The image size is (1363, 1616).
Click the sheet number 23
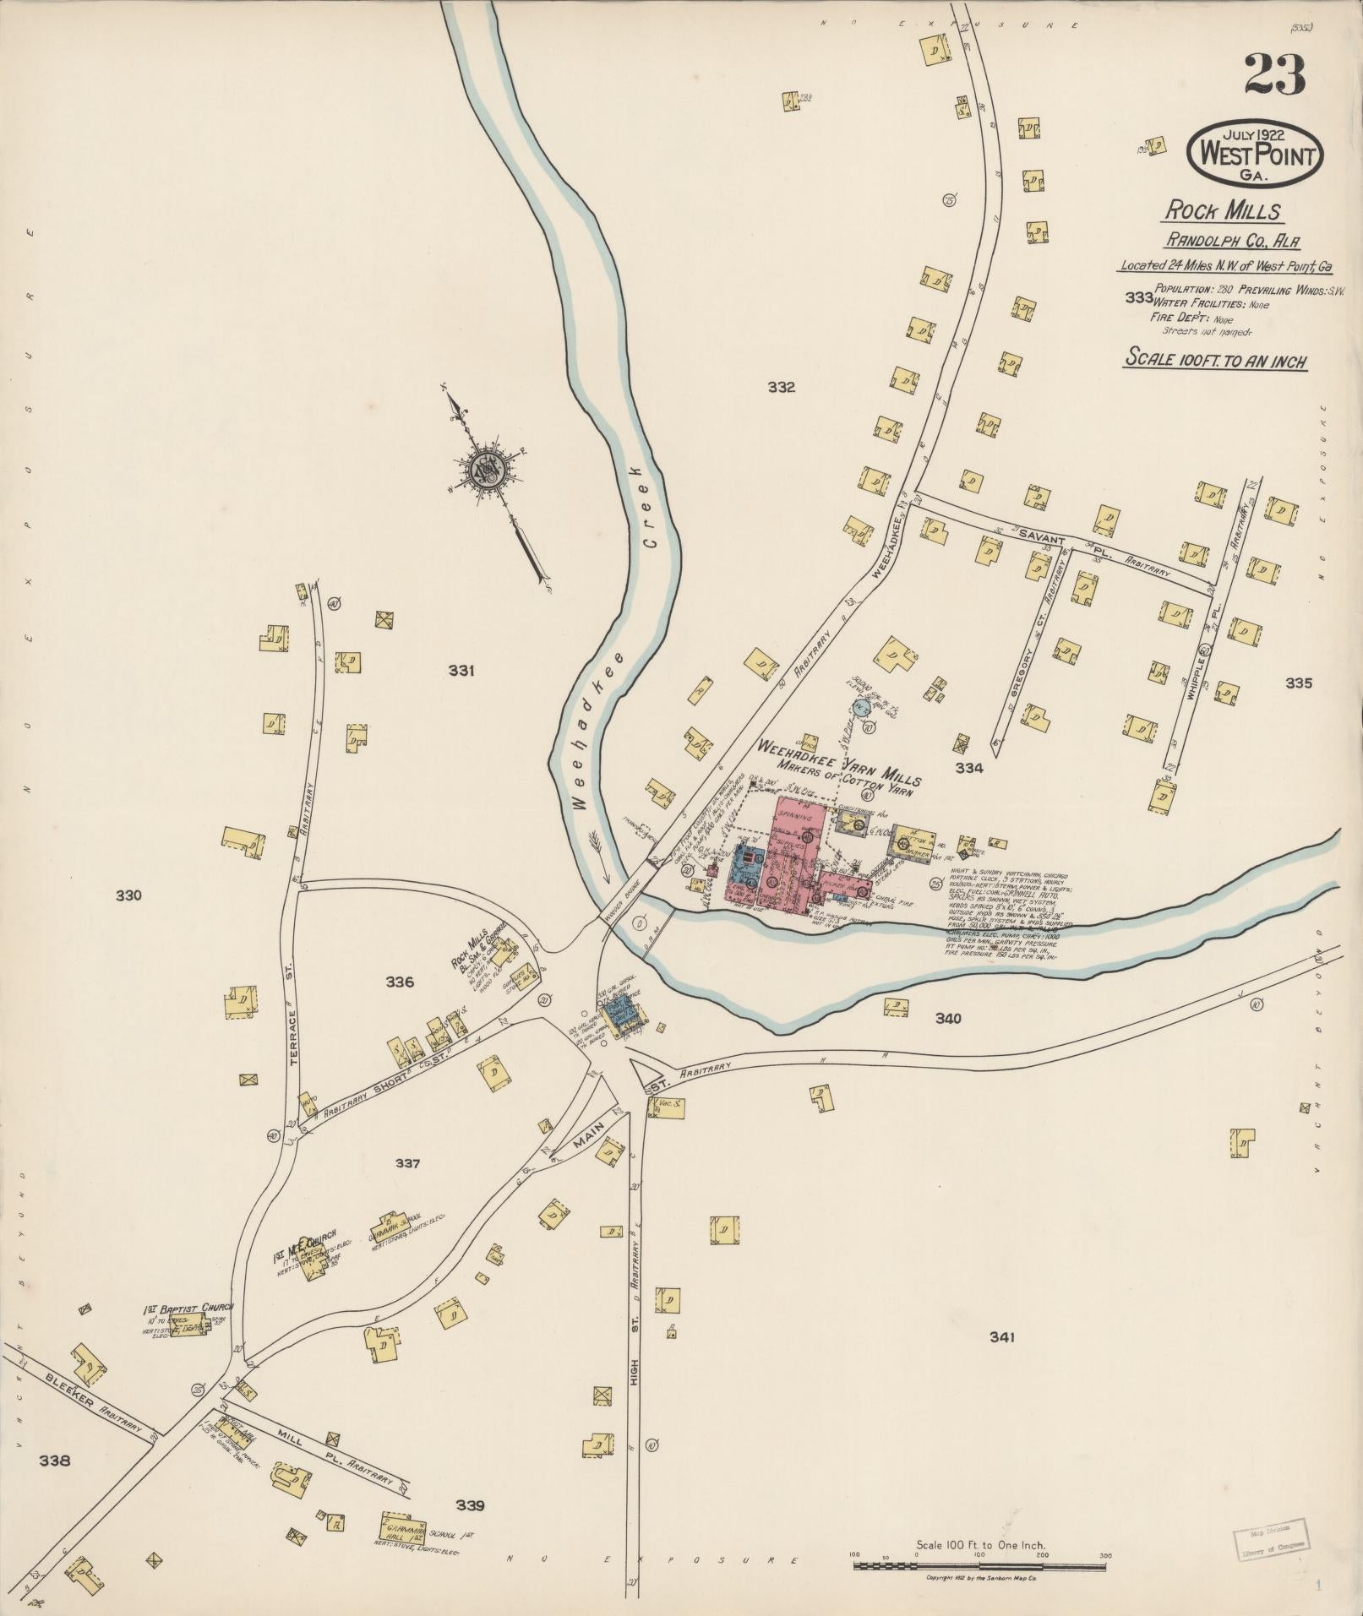point(1273,74)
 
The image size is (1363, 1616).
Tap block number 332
point(781,388)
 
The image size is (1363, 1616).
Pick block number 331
point(461,671)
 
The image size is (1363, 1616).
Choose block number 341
point(1000,1337)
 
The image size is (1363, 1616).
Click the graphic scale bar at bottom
point(980,1565)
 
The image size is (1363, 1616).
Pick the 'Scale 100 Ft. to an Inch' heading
point(1214,361)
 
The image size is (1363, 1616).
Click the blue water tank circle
point(861,707)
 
